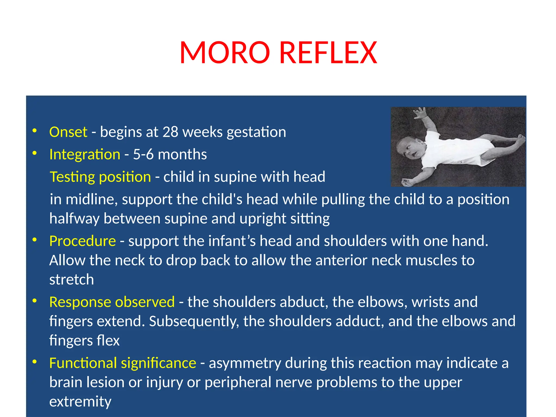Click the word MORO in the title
point(225,53)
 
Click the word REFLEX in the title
point(328,53)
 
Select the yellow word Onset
point(68,132)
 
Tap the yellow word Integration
point(85,154)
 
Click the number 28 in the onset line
point(170,132)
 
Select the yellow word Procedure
point(83,241)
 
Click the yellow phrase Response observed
point(112,302)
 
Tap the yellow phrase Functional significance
point(122,363)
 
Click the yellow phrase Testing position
point(100,177)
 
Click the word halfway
point(74,219)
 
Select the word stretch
point(72,280)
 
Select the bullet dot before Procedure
point(34,240)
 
